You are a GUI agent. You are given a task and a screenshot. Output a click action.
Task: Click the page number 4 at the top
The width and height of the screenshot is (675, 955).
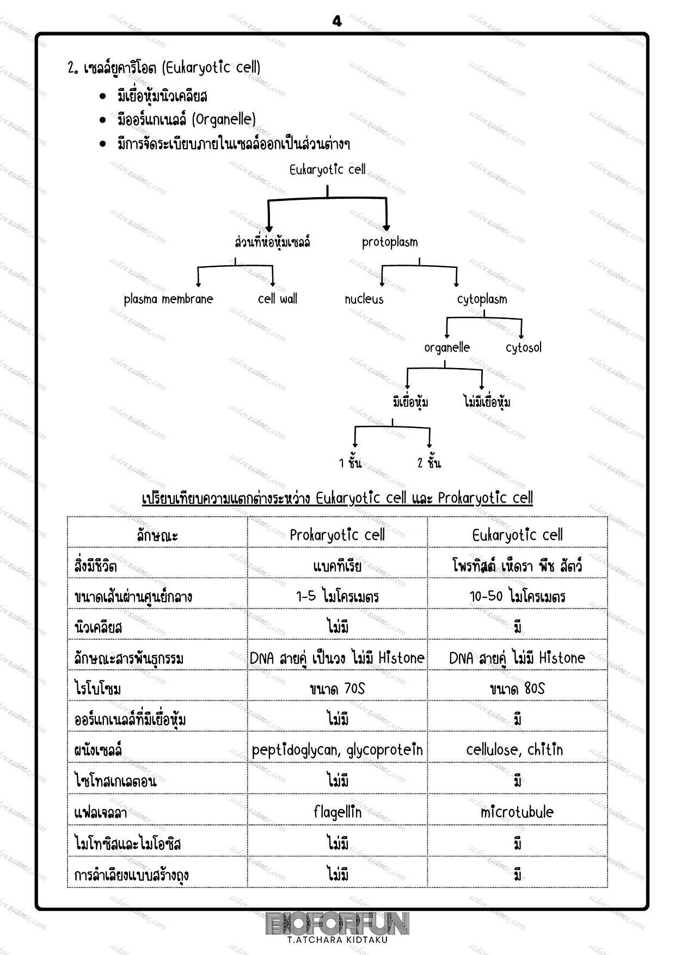337,21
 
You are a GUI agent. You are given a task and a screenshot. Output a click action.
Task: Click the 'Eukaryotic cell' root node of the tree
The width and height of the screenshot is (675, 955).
327,170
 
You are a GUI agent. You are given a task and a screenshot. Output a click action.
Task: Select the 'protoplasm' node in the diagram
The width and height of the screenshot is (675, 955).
390,242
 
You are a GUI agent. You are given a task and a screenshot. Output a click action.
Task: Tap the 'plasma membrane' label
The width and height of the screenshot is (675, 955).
168,299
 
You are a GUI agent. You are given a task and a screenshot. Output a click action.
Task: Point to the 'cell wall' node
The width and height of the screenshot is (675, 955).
278,298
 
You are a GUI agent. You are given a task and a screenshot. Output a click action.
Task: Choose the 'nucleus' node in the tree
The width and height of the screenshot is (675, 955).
364,299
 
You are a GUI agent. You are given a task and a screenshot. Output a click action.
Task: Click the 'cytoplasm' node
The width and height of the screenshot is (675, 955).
482,299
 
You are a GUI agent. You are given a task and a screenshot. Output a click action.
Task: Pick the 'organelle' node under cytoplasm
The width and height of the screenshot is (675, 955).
447,347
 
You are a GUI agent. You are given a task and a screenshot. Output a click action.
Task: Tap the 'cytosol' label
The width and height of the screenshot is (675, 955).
524,347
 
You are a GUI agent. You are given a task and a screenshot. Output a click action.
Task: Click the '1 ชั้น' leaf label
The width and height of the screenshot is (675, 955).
350,463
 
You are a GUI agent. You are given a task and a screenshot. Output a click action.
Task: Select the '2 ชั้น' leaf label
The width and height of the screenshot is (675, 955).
429,463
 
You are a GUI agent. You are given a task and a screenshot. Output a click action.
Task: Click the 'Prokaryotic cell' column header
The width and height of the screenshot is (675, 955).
337,535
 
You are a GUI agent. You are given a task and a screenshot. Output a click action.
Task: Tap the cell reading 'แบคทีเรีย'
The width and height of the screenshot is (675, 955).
337,566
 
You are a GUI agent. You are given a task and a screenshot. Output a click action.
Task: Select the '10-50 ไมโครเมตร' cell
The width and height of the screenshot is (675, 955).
517,596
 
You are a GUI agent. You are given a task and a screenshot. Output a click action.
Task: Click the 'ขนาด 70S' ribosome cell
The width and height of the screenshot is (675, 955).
337,689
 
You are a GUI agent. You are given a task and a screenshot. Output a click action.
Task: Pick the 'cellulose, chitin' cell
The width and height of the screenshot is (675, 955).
514,750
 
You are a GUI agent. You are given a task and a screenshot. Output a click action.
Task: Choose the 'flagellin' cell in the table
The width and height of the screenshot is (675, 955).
337,812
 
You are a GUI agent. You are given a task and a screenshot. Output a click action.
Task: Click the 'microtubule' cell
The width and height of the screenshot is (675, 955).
517,812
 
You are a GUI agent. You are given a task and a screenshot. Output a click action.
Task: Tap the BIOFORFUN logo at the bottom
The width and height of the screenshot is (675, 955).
337,924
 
